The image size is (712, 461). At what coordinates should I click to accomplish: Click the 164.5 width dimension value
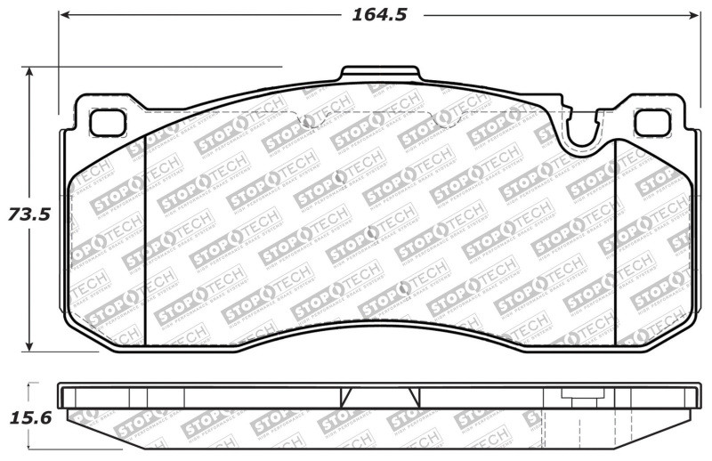(x=375, y=15)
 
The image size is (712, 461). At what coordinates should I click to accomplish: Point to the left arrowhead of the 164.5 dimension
(x=64, y=16)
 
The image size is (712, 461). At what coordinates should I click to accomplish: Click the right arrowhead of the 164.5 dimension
(x=695, y=16)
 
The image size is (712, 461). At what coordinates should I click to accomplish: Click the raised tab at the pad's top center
(x=380, y=75)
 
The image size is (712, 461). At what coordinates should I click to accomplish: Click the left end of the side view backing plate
(x=61, y=396)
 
